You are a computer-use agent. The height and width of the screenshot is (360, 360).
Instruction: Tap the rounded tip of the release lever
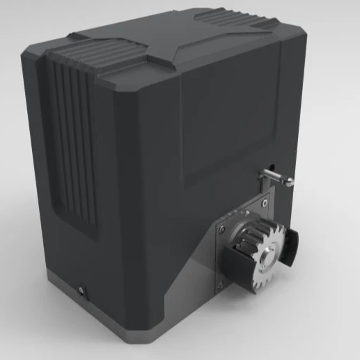coord(290,182)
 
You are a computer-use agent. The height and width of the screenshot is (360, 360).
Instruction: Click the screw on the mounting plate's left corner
coord(221,230)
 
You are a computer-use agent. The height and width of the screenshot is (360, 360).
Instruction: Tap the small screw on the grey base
coord(82,288)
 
